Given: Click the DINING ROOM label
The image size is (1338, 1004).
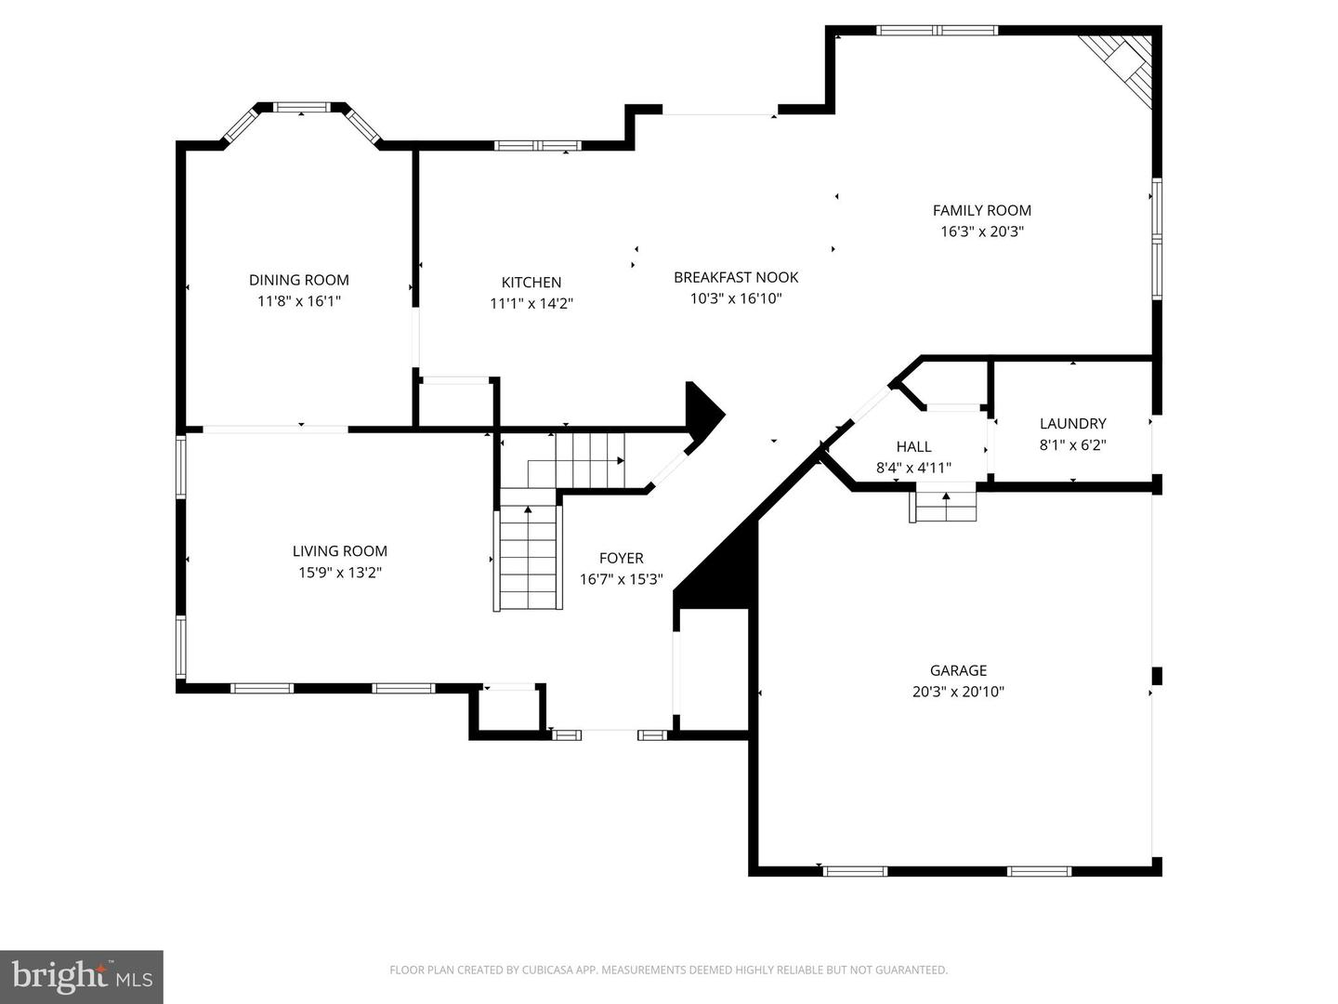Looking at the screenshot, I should (x=298, y=280).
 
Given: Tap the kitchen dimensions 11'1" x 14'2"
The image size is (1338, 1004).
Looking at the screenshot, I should (x=531, y=303).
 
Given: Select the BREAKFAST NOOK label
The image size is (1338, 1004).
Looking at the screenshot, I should (x=736, y=277).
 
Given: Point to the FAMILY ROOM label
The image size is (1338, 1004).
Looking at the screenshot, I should (x=981, y=210).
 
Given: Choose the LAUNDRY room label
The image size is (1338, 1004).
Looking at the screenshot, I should (x=1072, y=423).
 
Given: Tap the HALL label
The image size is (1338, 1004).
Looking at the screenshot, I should (x=913, y=447).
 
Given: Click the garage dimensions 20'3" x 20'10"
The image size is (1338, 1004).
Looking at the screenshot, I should (x=958, y=692).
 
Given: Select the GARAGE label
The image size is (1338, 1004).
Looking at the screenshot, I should (x=958, y=670).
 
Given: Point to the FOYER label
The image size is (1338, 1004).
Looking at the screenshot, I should (x=621, y=558).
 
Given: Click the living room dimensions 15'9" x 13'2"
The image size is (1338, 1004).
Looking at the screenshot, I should (x=339, y=573).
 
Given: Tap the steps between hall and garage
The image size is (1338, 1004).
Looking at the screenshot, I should (x=944, y=506).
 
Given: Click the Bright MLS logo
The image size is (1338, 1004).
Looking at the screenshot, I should (x=82, y=976).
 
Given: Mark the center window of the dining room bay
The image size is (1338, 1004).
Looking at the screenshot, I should (x=300, y=108).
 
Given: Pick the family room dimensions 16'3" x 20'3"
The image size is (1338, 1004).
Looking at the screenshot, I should (x=981, y=231).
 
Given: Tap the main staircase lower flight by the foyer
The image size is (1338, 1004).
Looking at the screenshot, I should (x=528, y=558).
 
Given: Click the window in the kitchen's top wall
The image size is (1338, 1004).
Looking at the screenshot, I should (x=537, y=145).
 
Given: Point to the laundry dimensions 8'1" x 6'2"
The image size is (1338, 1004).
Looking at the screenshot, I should (x=1072, y=444).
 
